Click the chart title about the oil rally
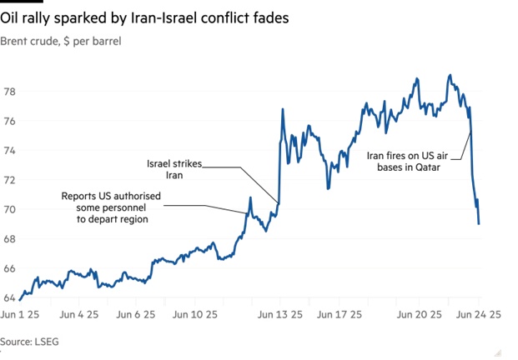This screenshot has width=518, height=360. [x=145, y=18]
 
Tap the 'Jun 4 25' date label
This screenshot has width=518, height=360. [x=80, y=316]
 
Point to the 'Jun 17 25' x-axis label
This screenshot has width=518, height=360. [x=338, y=316]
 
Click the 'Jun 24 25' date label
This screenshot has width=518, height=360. [x=478, y=316]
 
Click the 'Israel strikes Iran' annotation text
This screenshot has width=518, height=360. [x=174, y=170]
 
